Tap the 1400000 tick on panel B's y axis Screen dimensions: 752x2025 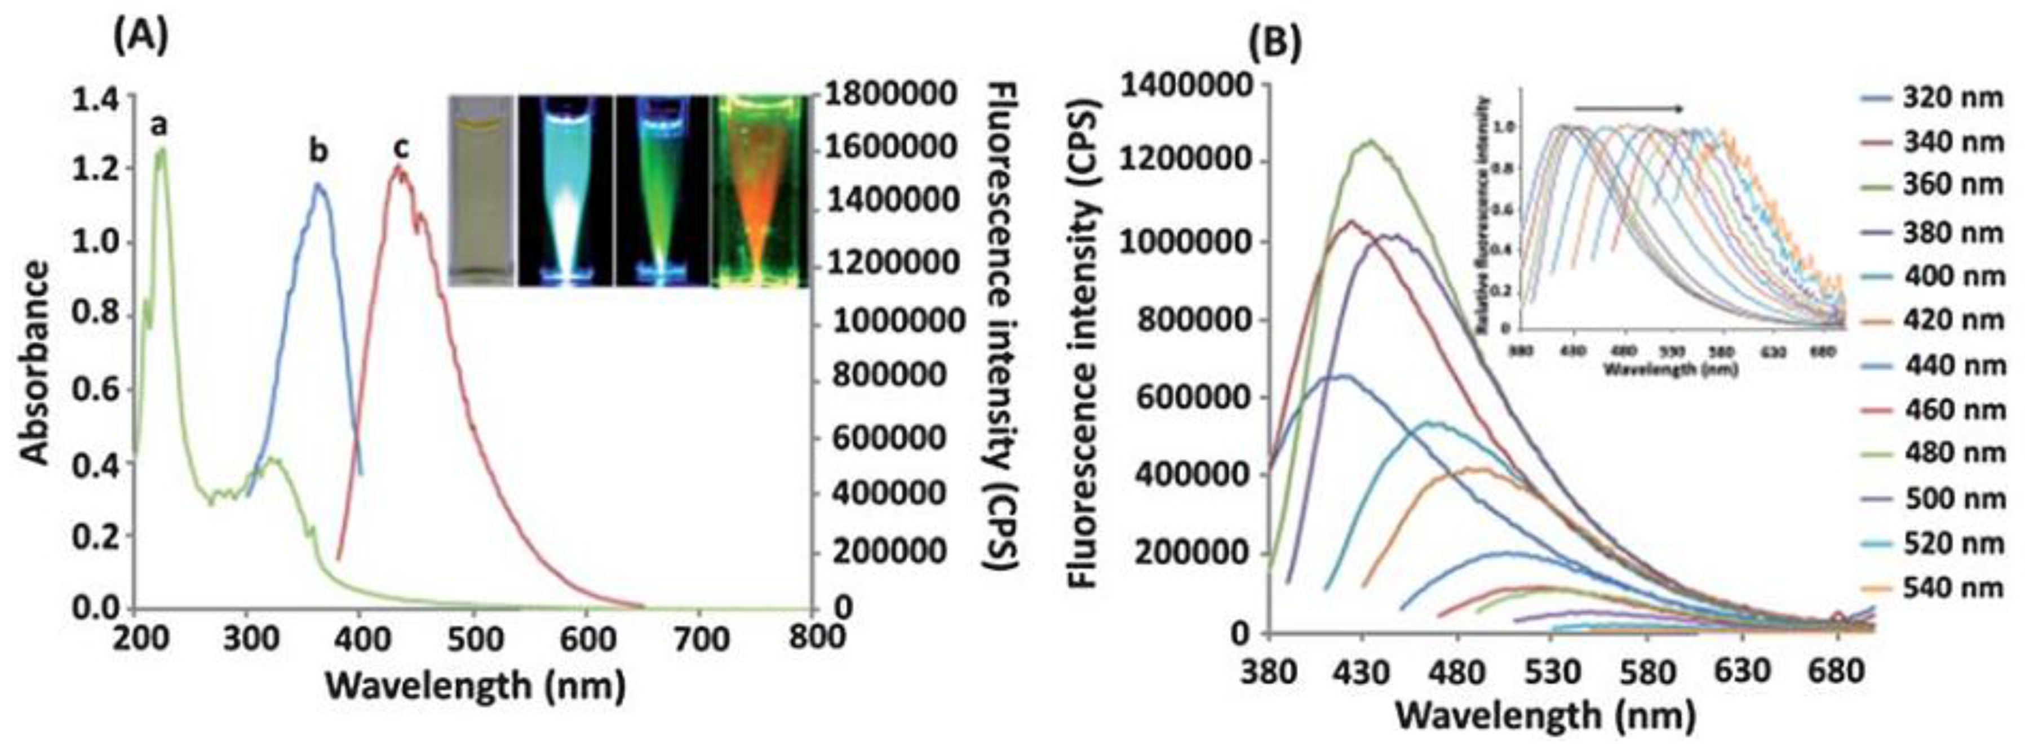point(1185,86)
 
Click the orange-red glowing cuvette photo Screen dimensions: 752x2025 point(760,191)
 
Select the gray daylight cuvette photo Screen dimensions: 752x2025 point(480,191)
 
